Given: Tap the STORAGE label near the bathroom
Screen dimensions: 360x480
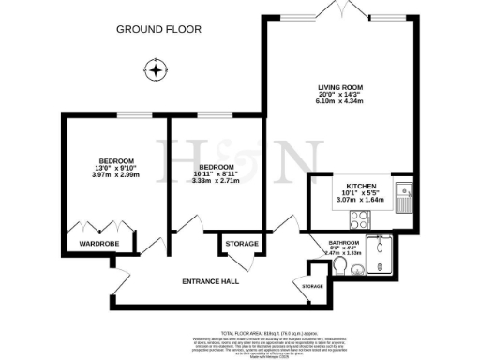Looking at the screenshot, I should click(312, 286).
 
